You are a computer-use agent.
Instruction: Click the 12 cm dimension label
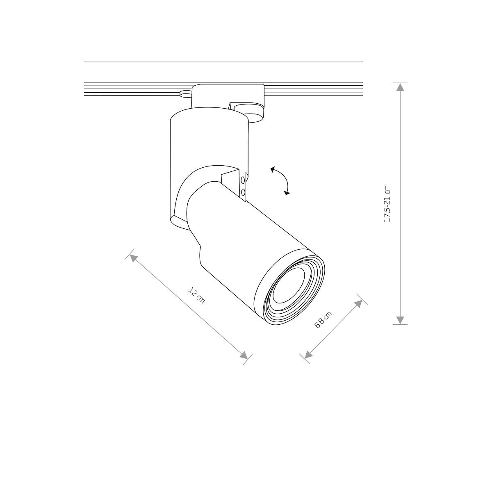tap(196, 295)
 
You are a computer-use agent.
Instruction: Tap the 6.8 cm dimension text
tap(323, 320)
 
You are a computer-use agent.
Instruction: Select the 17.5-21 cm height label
tap(387, 204)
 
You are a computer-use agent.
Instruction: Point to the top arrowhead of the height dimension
tap(400, 87)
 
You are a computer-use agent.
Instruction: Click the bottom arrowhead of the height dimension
tap(400, 321)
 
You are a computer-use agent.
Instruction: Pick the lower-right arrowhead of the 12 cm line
tap(244, 356)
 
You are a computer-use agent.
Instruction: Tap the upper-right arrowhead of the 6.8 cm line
tap(358, 303)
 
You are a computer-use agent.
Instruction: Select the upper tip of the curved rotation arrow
tap(272, 169)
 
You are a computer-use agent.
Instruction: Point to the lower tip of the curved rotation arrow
tap(287, 192)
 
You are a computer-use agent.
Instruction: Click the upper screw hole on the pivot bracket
tap(244, 180)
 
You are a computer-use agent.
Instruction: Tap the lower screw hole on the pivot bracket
tap(244, 191)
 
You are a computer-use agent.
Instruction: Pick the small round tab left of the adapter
tap(185, 94)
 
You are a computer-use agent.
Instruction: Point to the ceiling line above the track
tap(223, 62)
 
